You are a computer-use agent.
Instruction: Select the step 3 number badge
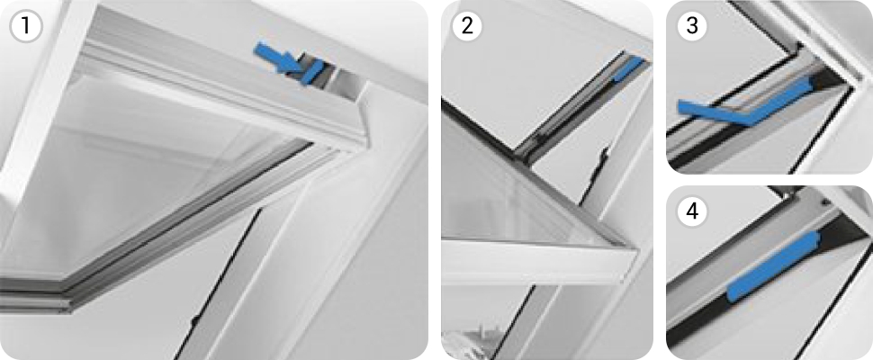(691, 25)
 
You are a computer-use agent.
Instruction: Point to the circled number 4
(691, 212)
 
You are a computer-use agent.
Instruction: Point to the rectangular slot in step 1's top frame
(346, 85)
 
